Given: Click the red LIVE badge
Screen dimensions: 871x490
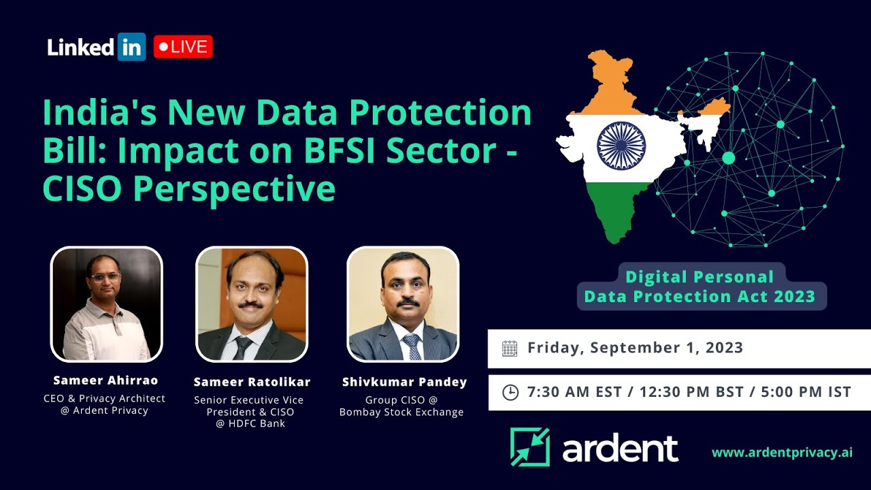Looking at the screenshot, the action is click(183, 47).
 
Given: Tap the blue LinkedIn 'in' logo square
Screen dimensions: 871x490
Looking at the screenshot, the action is click(131, 47).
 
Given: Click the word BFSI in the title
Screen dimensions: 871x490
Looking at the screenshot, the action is click(339, 150).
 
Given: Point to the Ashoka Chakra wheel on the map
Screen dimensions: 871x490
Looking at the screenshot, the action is click(621, 146).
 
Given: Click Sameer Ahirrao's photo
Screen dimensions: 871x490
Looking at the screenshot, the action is click(107, 304).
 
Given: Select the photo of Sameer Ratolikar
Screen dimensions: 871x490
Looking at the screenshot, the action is click(252, 304).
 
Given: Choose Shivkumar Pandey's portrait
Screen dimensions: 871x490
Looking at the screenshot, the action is click(403, 304).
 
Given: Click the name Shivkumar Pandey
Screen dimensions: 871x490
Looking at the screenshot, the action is click(404, 382).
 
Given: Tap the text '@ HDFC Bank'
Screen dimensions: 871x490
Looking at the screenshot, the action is click(250, 423).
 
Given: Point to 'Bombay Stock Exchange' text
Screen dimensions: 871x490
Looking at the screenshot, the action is click(401, 412).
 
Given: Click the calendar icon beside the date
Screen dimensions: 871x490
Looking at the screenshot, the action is click(510, 348).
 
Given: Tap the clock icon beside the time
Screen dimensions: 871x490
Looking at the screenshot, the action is click(510, 393).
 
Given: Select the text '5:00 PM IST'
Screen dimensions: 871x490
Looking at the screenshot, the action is click(806, 392).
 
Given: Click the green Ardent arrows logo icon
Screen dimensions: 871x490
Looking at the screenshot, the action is click(530, 447).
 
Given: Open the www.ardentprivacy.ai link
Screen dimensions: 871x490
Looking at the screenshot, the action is click(782, 453).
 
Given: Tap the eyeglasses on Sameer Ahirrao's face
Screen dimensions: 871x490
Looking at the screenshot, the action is click(105, 277).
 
